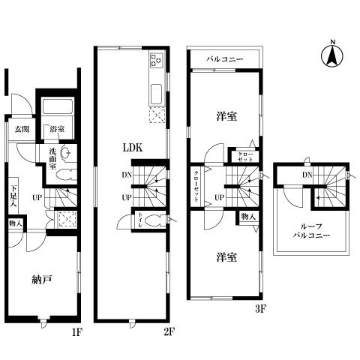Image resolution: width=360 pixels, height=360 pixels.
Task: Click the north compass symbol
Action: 332,55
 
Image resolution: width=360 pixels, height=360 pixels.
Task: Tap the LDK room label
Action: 133,148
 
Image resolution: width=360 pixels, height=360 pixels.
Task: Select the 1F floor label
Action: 76,332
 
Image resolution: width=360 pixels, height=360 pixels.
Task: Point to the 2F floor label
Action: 169,332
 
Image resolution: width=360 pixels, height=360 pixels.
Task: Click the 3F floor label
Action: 260,310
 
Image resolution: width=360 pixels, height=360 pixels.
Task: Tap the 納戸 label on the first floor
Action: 42,280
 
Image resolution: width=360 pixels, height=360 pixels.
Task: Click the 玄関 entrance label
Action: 22,129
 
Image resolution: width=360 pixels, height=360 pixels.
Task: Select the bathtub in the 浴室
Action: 58,106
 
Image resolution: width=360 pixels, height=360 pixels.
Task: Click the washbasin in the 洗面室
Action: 66,153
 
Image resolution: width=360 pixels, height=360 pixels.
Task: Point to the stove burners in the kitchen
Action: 156,60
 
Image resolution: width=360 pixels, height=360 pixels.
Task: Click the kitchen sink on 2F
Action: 156,94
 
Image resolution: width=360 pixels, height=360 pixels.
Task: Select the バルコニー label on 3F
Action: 225,59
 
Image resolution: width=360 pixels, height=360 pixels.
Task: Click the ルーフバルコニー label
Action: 311,231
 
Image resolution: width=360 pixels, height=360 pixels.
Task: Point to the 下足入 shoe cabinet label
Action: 13,196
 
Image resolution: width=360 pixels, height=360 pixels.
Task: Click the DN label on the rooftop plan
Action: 307,175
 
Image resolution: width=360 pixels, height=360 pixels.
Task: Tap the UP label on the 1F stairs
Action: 37,198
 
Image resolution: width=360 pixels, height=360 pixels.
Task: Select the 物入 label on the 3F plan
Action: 248,217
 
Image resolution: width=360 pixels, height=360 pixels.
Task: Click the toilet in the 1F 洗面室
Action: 66,175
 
